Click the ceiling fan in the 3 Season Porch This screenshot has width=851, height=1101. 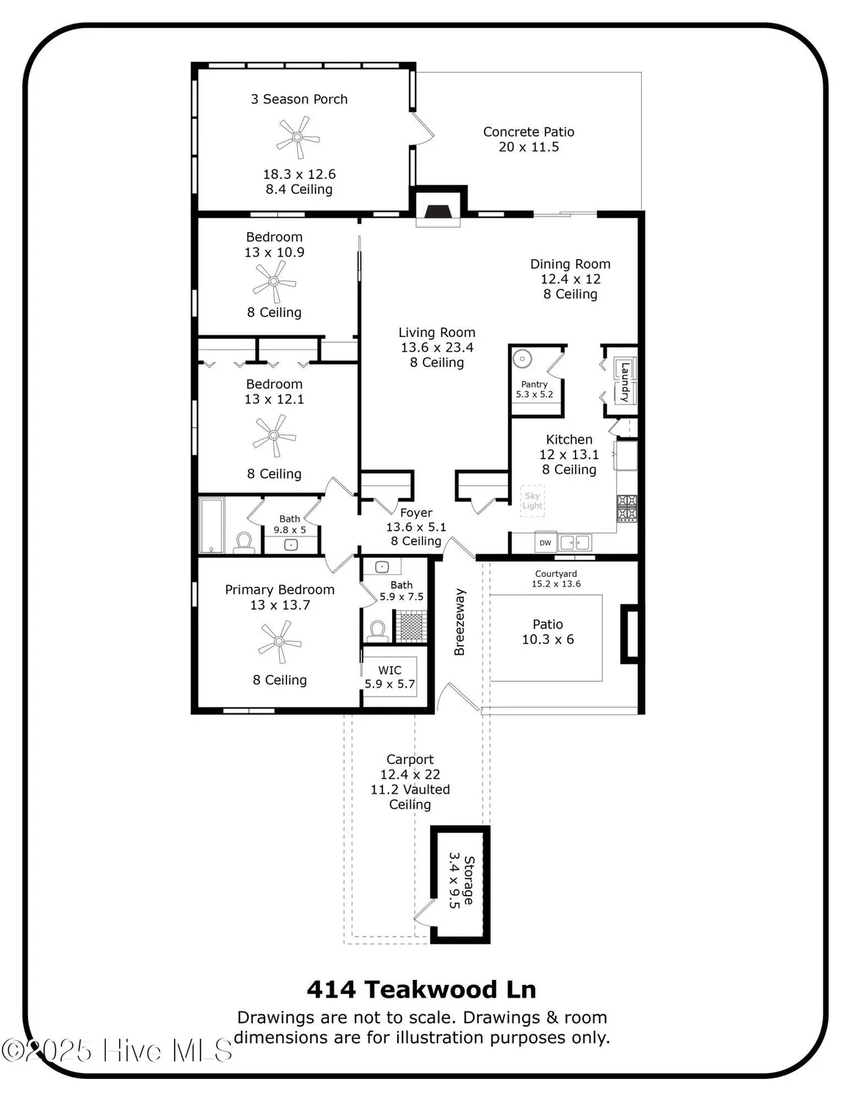pyautogui.click(x=297, y=137)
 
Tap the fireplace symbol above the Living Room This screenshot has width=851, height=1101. pyautogui.click(x=438, y=211)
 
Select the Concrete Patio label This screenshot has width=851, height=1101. pyautogui.click(x=529, y=132)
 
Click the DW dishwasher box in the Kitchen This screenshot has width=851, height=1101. pyautogui.click(x=546, y=542)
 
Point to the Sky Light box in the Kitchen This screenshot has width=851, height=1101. pyautogui.click(x=532, y=501)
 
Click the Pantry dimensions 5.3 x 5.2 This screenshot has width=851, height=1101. pyautogui.click(x=535, y=394)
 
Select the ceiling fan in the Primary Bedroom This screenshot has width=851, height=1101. pyautogui.click(x=279, y=642)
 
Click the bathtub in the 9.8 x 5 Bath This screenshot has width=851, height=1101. pyautogui.click(x=212, y=525)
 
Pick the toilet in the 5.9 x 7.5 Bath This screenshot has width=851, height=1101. pyautogui.click(x=378, y=631)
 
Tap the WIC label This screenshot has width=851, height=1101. pyautogui.click(x=390, y=670)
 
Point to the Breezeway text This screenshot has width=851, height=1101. pyautogui.click(x=460, y=622)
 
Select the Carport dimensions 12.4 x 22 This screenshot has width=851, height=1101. pyautogui.click(x=410, y=774)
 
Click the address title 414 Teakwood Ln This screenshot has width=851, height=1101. pyautogui.click(x=421, y=989)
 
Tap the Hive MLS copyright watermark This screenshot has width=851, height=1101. pyautogui.click(x=117, y=1050)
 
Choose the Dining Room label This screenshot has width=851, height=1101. pyautogui.click(x=571, y=264)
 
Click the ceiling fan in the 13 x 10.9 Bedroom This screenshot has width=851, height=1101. pyautogui.click(x=274, y=281)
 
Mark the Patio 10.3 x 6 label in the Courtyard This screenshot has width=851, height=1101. pyautogui.click(x=548, y=632)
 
